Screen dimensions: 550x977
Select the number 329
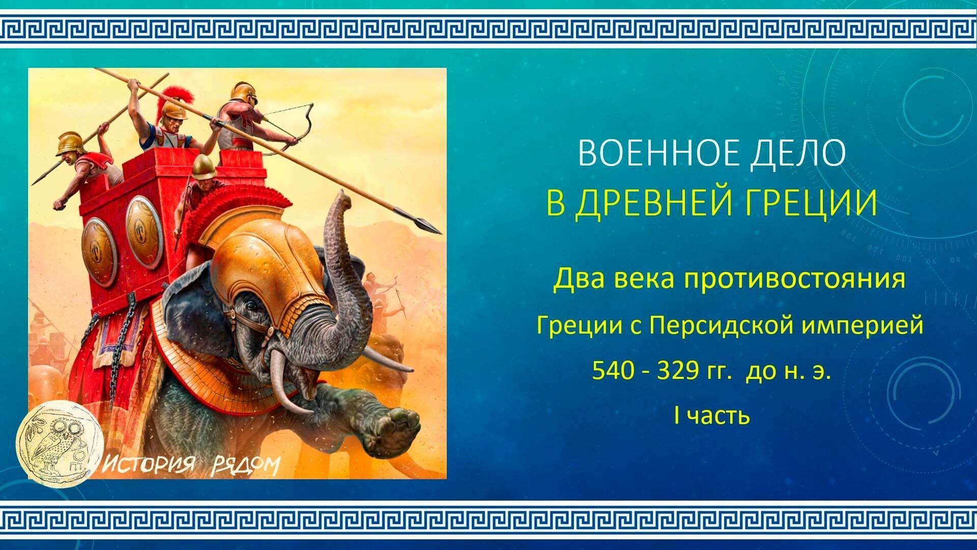tap(677, 371)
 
